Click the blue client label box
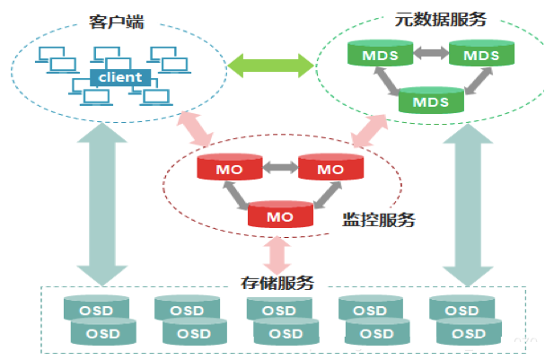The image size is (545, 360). tap(119, 77)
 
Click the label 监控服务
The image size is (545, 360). tap(379, 218)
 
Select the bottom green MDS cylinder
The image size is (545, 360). tap(430, 101)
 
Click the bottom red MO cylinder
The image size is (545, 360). tap(280, 215)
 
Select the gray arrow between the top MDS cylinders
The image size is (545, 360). tap(429, 54)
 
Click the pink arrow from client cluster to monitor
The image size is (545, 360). tap(197, 128)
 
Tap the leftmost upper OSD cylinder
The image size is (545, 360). tap(94, 310)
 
